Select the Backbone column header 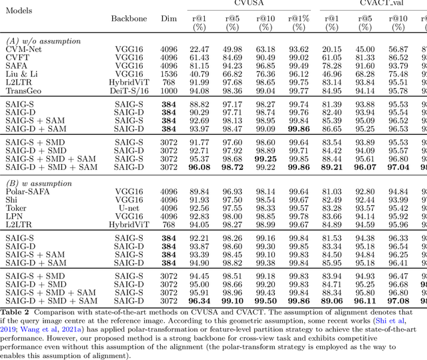[x=129, y=19]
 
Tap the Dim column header [x=169, y=19]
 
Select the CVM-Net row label [x=23, y=49]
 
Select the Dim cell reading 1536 [x=169, y=73]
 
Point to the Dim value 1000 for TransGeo [x=169, y=90]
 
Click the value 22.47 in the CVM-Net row [x=199, y=49]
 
